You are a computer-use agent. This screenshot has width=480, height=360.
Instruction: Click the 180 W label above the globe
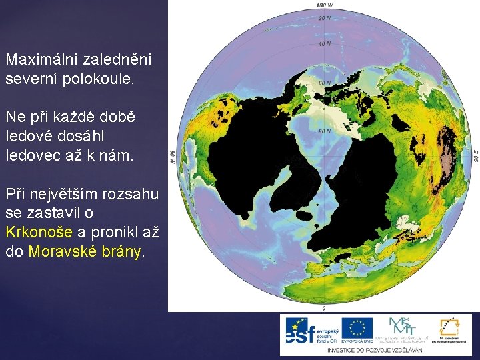323,5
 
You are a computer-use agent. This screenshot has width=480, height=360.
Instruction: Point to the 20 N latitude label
324,18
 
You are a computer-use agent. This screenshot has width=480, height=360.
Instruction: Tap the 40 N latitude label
324,44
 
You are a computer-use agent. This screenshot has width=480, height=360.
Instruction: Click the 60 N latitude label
324,83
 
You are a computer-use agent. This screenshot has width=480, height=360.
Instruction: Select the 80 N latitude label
324,131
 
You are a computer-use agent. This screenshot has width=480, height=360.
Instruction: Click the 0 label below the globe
323,309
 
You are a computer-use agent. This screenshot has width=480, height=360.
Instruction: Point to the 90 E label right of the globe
475,156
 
